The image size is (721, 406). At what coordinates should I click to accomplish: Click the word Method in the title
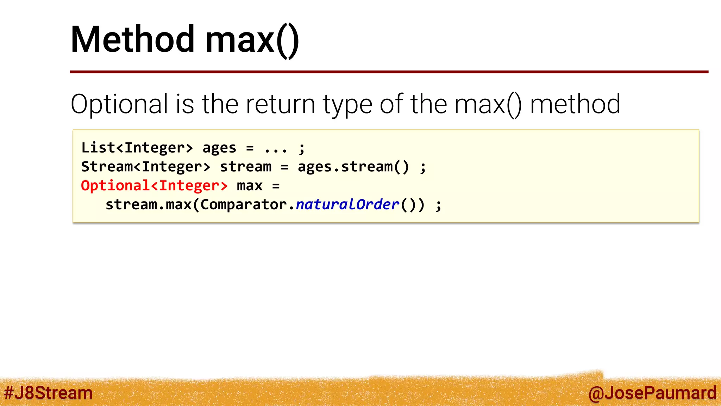click(132, 39)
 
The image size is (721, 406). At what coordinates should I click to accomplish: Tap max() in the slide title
click(252, 40)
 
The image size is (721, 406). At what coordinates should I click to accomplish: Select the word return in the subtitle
click(280, 104)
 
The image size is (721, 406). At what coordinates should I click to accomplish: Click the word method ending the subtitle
click(575, 104)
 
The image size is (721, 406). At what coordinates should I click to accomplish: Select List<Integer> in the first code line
click(137, 148)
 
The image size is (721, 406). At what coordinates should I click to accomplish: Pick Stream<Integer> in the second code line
click(146, 167)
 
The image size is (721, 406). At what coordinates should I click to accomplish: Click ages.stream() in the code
click(353, 167)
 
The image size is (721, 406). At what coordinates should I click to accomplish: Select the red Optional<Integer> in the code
click(154, 186)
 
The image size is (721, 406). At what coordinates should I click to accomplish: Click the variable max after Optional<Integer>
click(250, 186)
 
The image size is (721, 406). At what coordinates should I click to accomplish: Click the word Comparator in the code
click(244, 205)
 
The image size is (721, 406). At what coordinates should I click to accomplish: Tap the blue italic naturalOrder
click(347, 205)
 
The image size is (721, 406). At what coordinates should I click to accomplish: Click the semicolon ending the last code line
click(438, 205)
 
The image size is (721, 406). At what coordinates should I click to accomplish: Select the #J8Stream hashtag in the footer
click(48, 393)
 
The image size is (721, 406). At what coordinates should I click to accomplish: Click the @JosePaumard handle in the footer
click(652, 393)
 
